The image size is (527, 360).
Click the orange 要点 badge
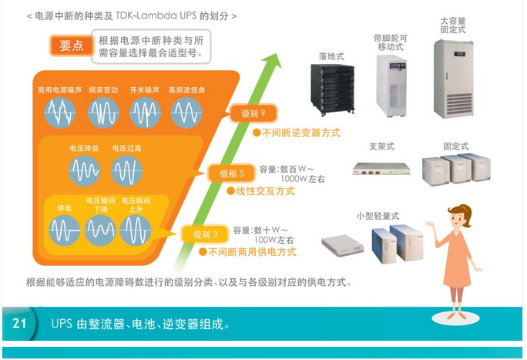pos(70,45)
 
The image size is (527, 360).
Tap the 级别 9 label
pos(252,114)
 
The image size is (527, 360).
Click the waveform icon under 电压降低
pos(84,170)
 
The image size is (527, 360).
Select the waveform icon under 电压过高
pos(126,170)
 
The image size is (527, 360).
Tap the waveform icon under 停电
pos(65,230)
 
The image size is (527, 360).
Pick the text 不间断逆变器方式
pos(301,133)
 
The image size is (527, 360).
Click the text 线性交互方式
pos(265,190)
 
